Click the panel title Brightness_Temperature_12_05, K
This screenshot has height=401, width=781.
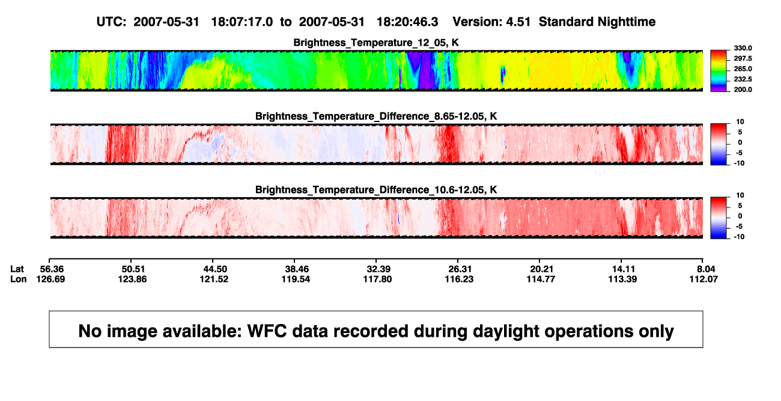point(376,43)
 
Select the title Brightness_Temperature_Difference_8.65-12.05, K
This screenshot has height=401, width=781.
point(376,116)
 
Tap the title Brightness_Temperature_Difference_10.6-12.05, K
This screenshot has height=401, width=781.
point(376,190)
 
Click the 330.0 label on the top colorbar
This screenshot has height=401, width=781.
point(743,48)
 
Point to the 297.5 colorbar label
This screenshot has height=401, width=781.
point(743,58)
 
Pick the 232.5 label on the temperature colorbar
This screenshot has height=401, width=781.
point(743,79)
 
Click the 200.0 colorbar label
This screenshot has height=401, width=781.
point(743,90)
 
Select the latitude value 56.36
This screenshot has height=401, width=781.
point(52,269)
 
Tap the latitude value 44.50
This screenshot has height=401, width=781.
point(215,269)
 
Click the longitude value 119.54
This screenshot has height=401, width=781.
point(296,279)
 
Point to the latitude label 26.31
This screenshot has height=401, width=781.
point(460,269)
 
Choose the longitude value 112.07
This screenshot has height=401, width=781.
point(704,279)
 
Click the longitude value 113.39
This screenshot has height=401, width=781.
point(623,279)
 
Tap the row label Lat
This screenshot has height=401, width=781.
point(17,269)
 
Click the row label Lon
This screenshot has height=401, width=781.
point(18,279)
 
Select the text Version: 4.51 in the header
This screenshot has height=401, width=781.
point(491,22)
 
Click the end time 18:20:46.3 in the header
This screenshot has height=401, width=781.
point(407,22)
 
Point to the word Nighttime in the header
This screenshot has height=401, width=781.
point(627,22)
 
